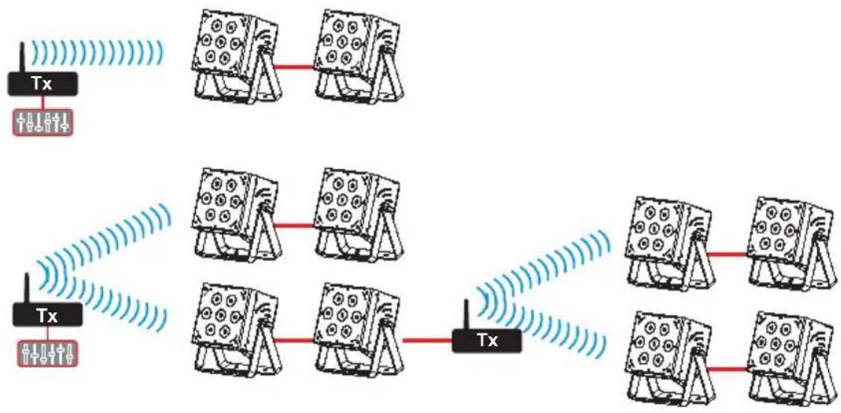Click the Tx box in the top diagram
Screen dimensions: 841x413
click(43, 84)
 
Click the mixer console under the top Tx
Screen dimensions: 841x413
click(43, 122)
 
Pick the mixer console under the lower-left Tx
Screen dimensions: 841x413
click(46, 351)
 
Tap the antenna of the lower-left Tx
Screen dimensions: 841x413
click(28, 288)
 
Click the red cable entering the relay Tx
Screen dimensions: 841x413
click(427, 340)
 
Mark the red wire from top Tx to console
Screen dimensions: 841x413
click(43, 103)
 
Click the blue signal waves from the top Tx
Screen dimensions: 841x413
click(96, 52)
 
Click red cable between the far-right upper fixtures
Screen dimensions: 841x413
click(727, 254)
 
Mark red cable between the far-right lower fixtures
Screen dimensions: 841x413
click(727, 370)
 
